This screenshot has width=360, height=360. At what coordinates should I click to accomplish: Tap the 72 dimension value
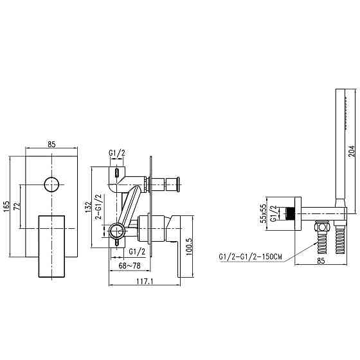[17, 206]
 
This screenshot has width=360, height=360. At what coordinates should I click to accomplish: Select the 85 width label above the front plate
[51, 145]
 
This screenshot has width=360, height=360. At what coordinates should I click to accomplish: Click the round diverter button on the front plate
[51, 184]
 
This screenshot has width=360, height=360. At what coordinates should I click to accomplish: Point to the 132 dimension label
[88, 207]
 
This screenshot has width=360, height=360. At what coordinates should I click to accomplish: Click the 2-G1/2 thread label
[98, 206]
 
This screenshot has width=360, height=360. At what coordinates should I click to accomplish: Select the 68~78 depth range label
[129, 266]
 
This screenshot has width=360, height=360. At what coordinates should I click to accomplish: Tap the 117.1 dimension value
[145, 282]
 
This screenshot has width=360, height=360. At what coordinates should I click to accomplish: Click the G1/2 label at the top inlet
[117, 153]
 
